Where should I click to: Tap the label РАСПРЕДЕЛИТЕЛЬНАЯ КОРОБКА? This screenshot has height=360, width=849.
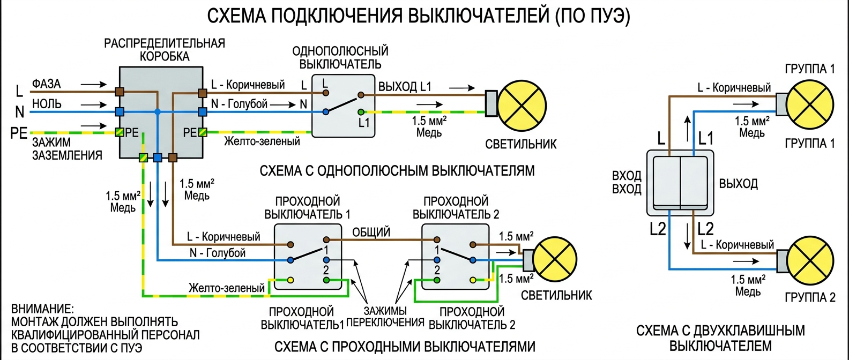pyautogui.click(x=165, y=49)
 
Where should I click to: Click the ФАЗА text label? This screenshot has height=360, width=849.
pyautogui.click(x=47, y=84)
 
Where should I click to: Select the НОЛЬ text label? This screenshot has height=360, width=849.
pyautogui.click(x=47, y=104)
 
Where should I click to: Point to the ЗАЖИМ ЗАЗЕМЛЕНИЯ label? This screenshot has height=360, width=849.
pyautogui.click(x=67, y=149)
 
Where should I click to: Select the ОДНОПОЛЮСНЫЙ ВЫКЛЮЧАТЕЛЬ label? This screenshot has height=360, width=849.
pyautogui.click(x=340, y=57)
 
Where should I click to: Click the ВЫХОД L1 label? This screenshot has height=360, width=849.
pyautogui.click(x=405, y=87)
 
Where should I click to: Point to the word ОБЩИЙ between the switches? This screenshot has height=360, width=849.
pyautogui.click(x=371, y=232)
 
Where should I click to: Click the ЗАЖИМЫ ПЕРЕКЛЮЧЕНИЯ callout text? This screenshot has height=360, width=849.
pyautogui.click(x=385, y=317)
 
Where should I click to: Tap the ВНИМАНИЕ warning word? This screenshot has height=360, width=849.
pyautogui.click(x=42, y=309)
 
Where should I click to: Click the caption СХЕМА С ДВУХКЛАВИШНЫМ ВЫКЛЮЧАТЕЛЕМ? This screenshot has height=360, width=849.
pyautogui.click(x=720, y=338)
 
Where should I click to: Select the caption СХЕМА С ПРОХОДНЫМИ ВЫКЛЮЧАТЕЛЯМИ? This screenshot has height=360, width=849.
pyautogui.click(x=405, y=347)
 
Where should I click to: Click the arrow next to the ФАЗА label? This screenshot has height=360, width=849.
pyautogui.click(x=93, y=85)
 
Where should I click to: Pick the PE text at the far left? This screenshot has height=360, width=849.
pyautogui.click(x=19, y=133)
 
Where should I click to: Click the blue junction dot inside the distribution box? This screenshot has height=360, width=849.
pyautogui.click(x=158, y=111)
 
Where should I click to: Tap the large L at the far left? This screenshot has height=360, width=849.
pyautogui.click(x=19, y=91)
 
